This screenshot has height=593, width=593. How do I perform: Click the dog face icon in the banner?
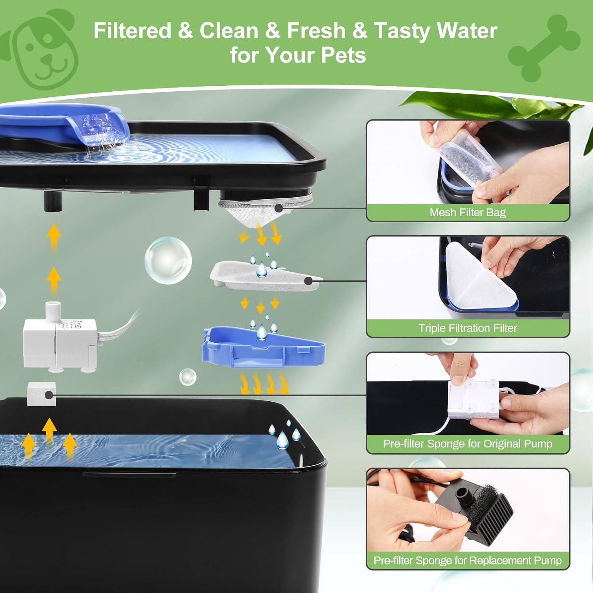[x=43, y=49]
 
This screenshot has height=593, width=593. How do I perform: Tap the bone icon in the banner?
[x=544, y=47]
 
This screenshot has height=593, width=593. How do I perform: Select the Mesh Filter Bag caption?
[x=468, y=213]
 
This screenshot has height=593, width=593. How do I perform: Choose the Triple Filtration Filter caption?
[x=468, y=328]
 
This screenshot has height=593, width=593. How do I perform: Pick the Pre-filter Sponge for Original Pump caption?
[x=468, y=444]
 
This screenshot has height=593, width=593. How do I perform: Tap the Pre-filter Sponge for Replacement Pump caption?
[x=468, y=560]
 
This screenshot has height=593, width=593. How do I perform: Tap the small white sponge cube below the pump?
[x=42, y=394]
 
